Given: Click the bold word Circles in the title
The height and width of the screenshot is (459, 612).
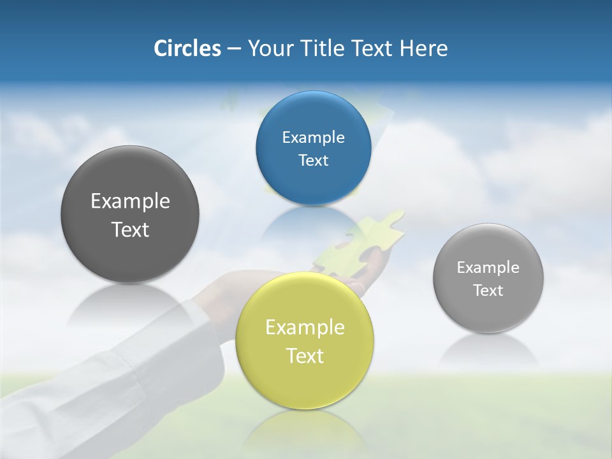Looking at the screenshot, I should tap(187, 48).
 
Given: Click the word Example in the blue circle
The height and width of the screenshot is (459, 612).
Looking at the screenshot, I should tap(313, 138).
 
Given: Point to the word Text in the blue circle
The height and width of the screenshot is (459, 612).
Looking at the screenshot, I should tap(313, 161).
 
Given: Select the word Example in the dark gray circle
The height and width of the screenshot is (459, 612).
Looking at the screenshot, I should tap(130, 201).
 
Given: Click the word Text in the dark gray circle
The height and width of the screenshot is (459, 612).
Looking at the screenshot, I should tap(130, 229).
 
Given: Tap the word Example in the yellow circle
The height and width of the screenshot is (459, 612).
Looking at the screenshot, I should tap(305, 328).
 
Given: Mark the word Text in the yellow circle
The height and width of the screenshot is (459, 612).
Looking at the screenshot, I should tap(305, 356).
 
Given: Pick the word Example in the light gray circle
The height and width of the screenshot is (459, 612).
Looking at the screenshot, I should tap(488, 268).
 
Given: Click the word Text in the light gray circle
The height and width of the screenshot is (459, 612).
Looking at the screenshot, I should tap(488, 291).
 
